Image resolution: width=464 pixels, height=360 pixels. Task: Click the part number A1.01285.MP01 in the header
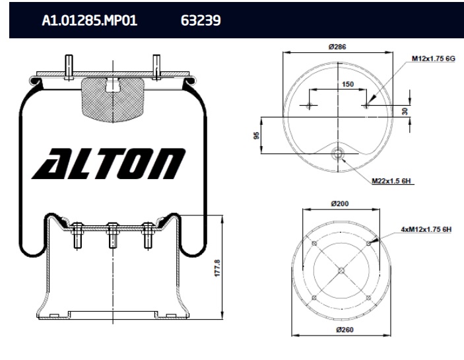[89, 20]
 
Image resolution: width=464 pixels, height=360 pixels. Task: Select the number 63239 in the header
[201, 20]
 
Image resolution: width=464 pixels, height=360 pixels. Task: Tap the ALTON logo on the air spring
[109, 164]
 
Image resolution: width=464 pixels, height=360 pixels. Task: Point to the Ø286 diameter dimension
[337, 47]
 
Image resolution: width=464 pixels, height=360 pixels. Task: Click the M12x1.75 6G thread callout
[434, 59]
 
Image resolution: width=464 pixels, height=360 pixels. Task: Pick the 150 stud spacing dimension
[348, 85]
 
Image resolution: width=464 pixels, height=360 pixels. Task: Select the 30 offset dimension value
[405, 112]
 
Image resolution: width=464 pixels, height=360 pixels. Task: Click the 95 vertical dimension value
[256, 135]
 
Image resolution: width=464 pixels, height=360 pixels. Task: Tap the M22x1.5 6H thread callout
[391, 180]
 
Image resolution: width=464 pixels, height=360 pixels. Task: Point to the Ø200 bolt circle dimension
[340, 203]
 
